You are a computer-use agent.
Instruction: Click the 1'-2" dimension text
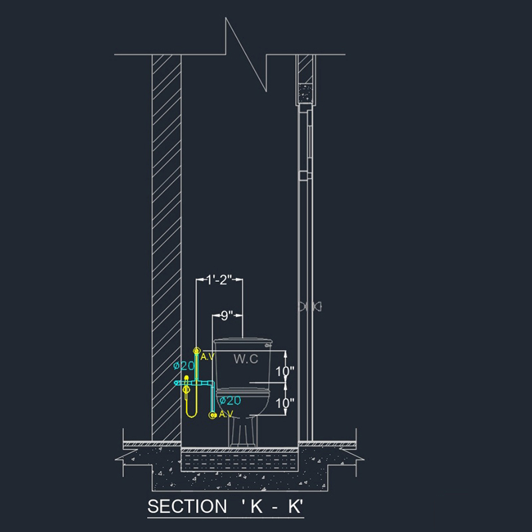click(x=219, y=280)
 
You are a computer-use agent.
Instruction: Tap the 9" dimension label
click(x=227, y=316)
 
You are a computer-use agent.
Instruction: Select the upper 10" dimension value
click(x=285, y=372)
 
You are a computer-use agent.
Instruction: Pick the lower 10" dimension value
click(x=285, y=404)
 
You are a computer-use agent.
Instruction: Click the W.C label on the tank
click(x=245, y=359)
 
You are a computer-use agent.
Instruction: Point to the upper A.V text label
click(x=207, y=356)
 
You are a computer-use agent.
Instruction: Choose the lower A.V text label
click(x=226, y=414)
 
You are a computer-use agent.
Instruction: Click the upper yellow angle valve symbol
click(x=196, y=350)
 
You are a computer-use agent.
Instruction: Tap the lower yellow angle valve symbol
click(x=213, y=414)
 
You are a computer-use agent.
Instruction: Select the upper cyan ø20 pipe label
click(x=184, y=366)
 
